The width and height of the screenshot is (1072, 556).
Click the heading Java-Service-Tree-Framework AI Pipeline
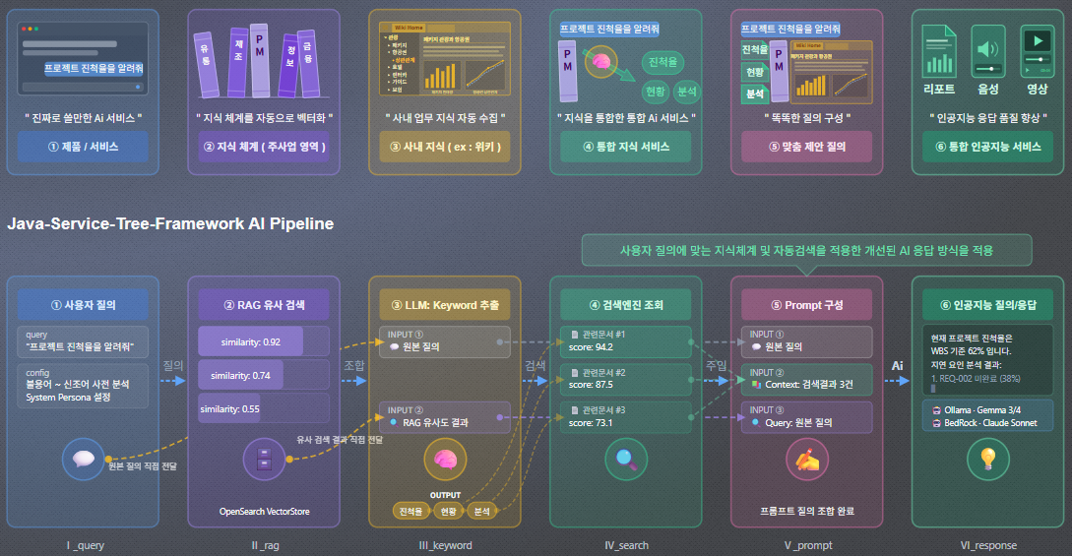tap(170, 224)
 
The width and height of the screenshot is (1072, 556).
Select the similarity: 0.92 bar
tap(250, 341)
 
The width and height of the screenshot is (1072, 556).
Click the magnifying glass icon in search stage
tap(626, 458)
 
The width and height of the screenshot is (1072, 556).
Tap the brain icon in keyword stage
tap(445, 459)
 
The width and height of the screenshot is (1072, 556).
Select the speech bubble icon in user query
tap(83, 458)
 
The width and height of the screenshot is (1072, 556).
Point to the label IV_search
tap(626, 544)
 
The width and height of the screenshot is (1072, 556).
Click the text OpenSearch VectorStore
tap(263, 512)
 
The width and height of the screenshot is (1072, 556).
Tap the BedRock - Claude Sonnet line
tap(984, 422)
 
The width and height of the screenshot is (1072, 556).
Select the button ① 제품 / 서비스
tap(83, 147)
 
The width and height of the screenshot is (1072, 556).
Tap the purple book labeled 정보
tap(290, 62)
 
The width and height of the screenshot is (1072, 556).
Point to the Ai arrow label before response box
tap(897, 365)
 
